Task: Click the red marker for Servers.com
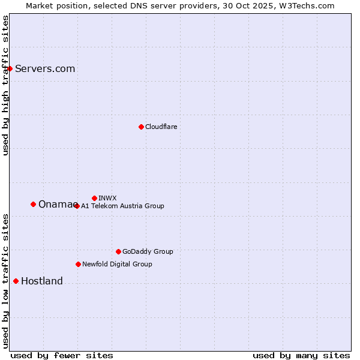coord(10,68)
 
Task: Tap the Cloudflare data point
coord(141,127)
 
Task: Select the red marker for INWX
coord(94,198)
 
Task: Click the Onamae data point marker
coord(33,204)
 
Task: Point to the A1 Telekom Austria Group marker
coord(76,206)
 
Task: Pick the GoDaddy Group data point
coord(118,251)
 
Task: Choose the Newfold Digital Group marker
coord(78,264)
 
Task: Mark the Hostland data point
coord(16,281)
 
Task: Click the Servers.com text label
coord(45,68)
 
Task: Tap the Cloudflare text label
coord(161,127)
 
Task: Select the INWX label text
coord(107,198)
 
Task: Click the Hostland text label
coord(41,281)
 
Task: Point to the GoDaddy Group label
coord(148,251)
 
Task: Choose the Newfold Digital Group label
coord(117,264)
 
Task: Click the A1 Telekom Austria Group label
coord(122,206)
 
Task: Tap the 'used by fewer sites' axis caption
coord(62,355)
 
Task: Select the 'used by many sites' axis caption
coord(301,355)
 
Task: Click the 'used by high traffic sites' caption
coord(5,85)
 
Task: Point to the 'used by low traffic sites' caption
coord(5,280)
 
